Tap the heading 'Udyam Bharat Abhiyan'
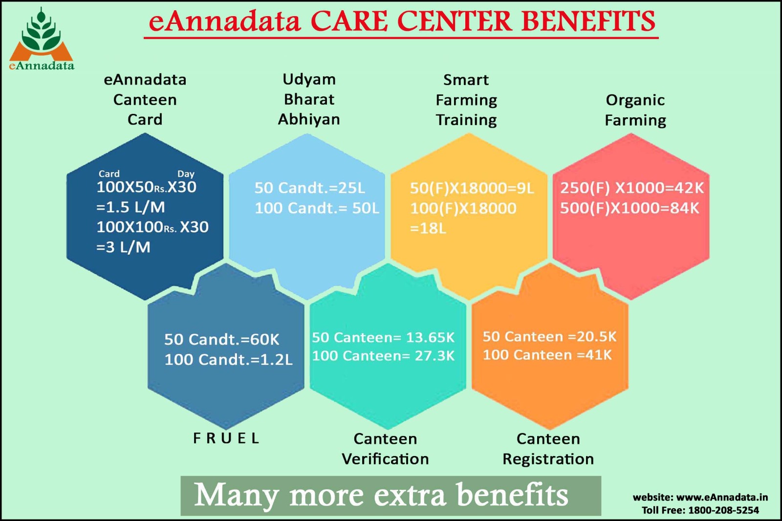[x=309, y=100]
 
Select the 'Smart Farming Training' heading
[x=466, y=100]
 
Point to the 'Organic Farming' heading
[x=635, y=110]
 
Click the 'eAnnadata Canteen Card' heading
[x=145, y=100]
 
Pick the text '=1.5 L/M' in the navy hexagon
[x=130, y=207]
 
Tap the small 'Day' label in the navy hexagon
[x=186, y=174]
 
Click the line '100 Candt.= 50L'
[x=317, y=208]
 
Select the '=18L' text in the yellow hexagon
[x=428, y=228]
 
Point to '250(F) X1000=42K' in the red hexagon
[x=632, y=188]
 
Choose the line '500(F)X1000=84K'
[x=630, y=208]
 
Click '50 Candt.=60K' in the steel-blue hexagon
[x=222, y=339]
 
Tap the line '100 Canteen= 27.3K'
[x=383, y=356]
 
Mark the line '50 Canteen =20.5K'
[x=549, y=337]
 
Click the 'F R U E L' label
[x=226, y=438]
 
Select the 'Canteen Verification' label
[x=385, y=449]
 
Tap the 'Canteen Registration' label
[x=548, y=449]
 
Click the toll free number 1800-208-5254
[x=723, y=510]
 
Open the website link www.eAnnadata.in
[x=722, y=497]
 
